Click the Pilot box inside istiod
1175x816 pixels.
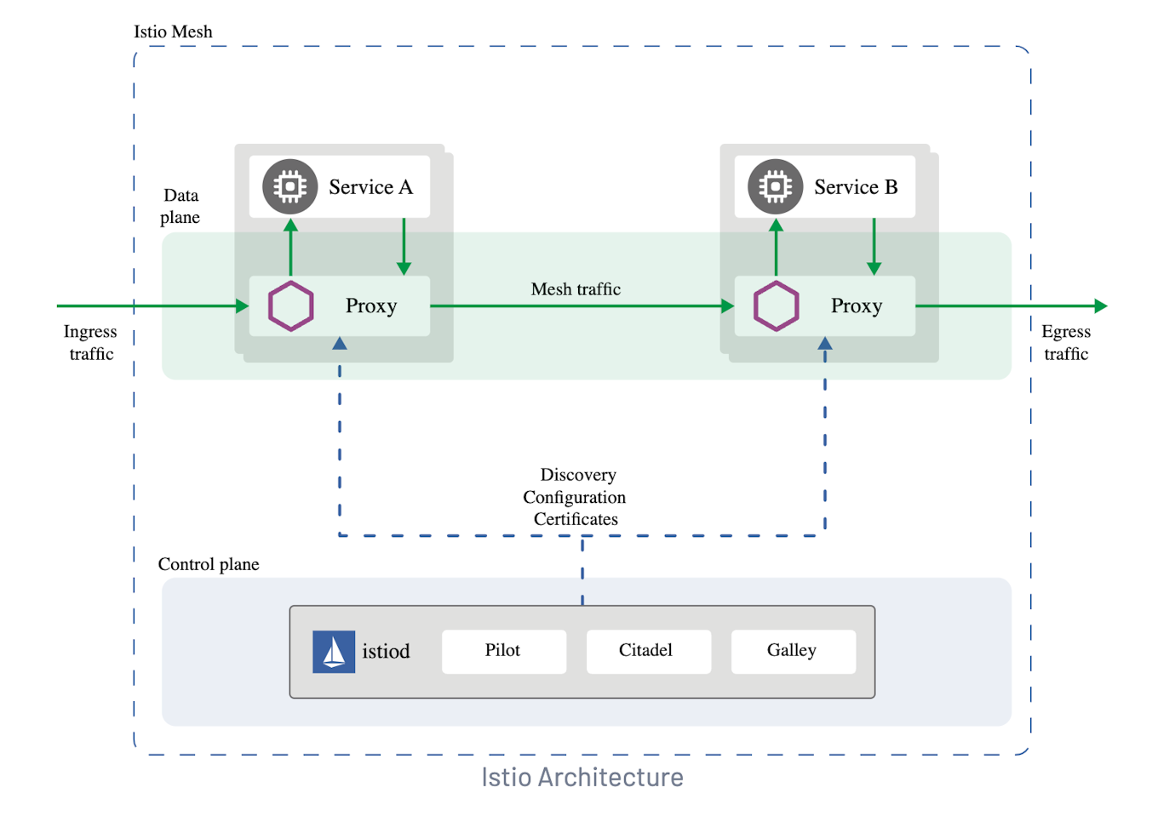[x=503, y=651]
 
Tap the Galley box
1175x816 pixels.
[x=793, y=651]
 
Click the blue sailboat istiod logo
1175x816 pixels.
[x=334, y=652]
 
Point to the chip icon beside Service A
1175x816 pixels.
[x=289, y=186]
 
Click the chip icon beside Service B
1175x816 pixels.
[x=775, y=186]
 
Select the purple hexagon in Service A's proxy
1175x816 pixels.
[x=291, y=305]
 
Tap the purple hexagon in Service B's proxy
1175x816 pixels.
[x=777, y=305]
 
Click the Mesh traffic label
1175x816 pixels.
[x=576, y=289]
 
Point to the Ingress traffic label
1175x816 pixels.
[x=90, y=342]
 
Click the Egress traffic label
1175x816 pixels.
[x=1066, y=342]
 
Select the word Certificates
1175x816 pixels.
[x=576, y=519]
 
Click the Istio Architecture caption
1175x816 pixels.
[x=582, y=777]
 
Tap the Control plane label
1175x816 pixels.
[x=209, y=564]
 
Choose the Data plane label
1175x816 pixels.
[x=181, y=206]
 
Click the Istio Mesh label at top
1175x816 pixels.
[x=173, y=31]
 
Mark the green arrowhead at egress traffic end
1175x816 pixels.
[x=1101, y=305]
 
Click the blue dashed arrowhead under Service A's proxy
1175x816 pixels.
[x=340, y=344]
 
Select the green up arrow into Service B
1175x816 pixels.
[x=776, y=246]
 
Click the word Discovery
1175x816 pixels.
[x=578, y=475]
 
